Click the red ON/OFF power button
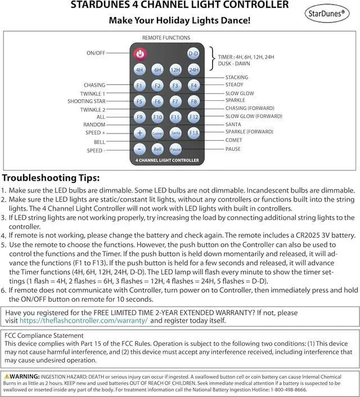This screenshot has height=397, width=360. pos(140,53)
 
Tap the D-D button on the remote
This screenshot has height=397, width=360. pos(193,53)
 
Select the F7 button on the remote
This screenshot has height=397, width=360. pos(175,101)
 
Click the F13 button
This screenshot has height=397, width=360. pos(193,133)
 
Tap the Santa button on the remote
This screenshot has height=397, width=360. pos(175,133)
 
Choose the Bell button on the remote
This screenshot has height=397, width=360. pos(158,149)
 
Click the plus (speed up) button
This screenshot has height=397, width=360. pos(140,133)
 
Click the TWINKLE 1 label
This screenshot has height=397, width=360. pos(92,93)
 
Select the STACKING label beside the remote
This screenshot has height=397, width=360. pos(236,77)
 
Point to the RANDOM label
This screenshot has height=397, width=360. pos(94,125)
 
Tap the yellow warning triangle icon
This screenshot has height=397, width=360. pos(6,376)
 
